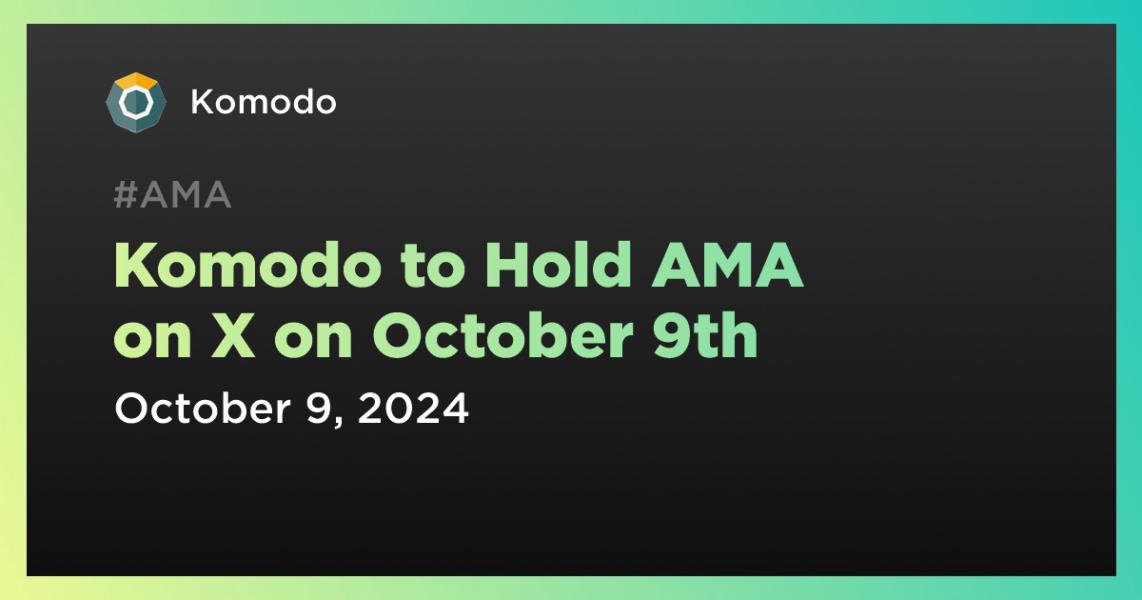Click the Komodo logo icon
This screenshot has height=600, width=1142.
[x=132, y=102]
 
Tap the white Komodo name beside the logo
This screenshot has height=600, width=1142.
[x=263, y=102]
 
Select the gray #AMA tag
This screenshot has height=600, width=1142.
[x=172, y=196]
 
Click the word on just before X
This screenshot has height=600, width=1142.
[x=152, y=338]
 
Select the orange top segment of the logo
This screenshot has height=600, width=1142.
[x=134, y=80]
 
